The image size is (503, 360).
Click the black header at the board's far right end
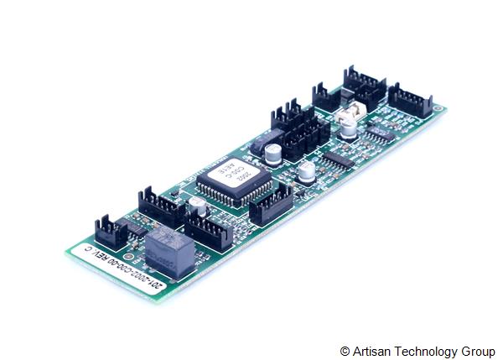click(x=410, y=100)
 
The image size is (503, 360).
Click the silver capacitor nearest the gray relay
click(x=197, y=206)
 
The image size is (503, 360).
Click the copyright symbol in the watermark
click(x=345, y=350)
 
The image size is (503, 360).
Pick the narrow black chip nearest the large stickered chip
click(x=338, y=158)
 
